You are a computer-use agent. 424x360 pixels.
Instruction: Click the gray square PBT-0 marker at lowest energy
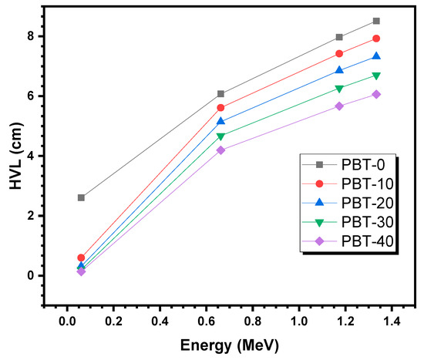click(x=81, y=197)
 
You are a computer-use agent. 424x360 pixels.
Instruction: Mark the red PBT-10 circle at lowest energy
click(x=81, y=257)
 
